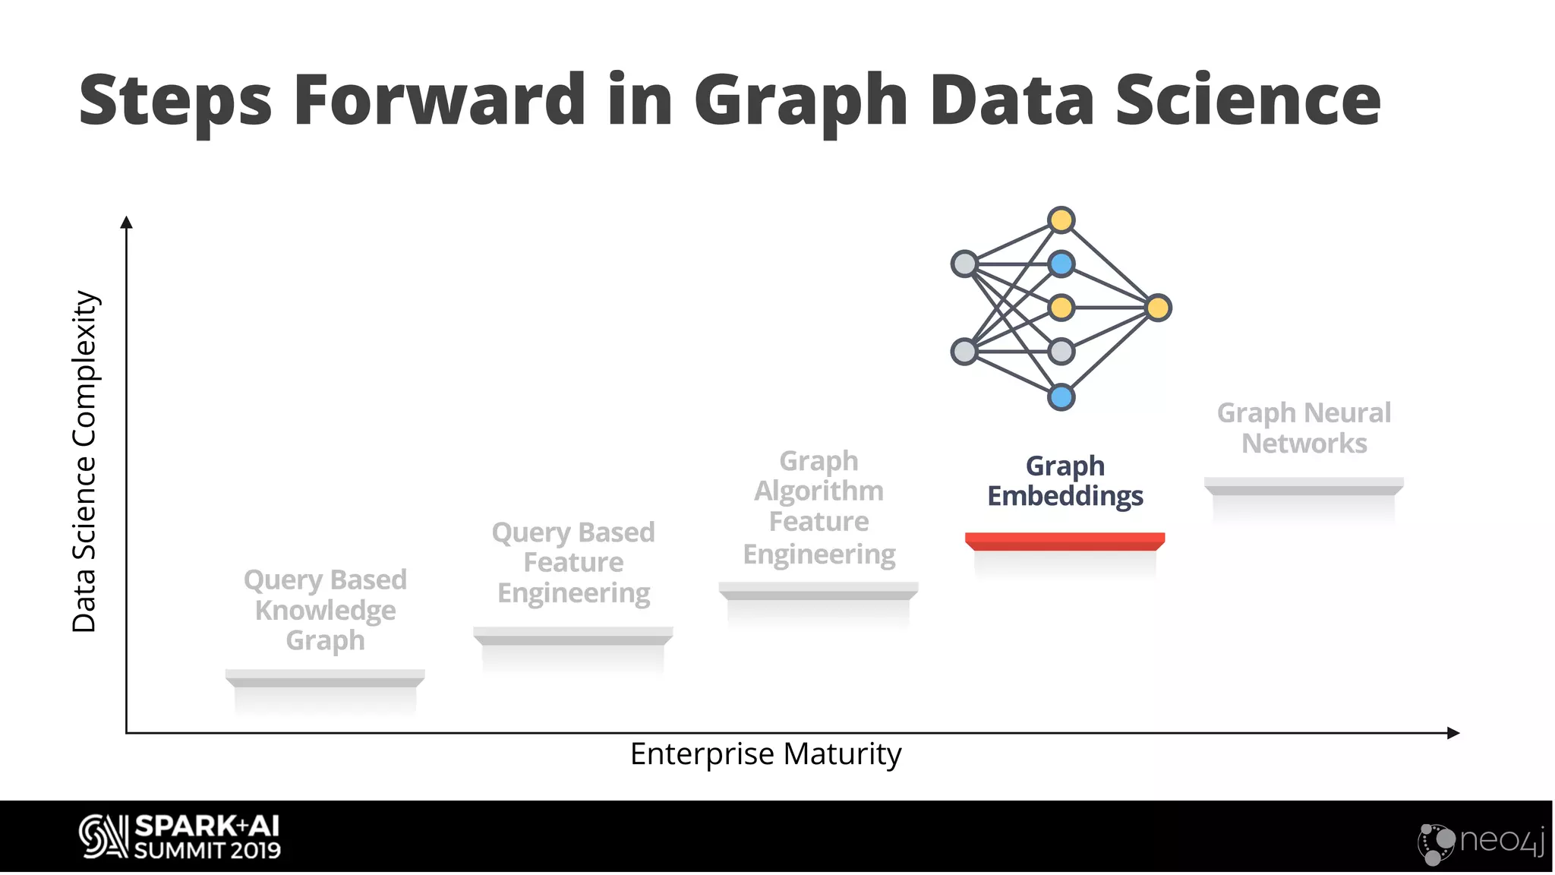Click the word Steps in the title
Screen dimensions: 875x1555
[x=175, y=102]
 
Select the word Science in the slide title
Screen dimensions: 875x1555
[x=1247, y=100]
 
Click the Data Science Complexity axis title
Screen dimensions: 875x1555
[x=85, y=461]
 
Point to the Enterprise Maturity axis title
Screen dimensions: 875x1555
[x=765, y=754]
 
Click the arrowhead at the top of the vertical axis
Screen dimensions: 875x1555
[x=127, y=222]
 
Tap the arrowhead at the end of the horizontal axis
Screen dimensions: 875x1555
[x=1453, y=733]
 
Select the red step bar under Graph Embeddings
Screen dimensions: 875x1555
[x=1065, y=541]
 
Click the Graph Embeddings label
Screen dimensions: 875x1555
[x=1065, y=481]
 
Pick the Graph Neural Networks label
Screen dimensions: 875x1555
[x=1304, y=428]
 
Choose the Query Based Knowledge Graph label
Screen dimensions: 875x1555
[x=325, y=610]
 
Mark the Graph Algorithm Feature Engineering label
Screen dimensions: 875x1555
[x=819, y=507]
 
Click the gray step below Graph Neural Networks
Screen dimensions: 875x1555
[x=1304, y=486]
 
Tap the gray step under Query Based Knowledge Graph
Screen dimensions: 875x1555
[x=325, y=678]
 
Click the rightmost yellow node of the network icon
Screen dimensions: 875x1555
[x=1158, y=308]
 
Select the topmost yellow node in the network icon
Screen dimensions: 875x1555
[x=1061, y=220]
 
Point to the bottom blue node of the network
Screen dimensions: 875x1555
[x=1061, y=396]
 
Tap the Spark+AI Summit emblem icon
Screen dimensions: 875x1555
[x=103, y=837]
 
